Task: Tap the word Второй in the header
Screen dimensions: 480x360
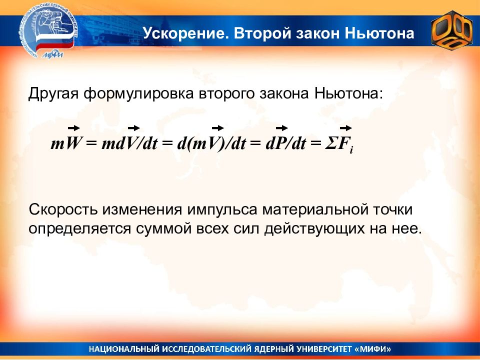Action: click(x=262, y=33)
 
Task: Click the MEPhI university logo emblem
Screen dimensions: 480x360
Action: click(x=48, y=32)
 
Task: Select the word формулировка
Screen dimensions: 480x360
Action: click(x=138, y=94)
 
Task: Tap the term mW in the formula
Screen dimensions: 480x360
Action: click(x=65, y=143)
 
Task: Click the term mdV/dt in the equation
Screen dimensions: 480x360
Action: click(x=129, y=143)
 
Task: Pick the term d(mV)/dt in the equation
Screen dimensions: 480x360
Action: click(x=211, y=143)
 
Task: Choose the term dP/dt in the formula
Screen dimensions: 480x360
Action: click(x=285, y=143)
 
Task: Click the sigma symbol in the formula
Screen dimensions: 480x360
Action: click(x=331, y=143)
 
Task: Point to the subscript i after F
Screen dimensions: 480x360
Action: click(x=351, y=150)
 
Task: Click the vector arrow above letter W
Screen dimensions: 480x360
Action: click(x=74, y=128)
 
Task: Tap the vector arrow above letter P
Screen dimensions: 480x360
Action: click(x=282, y=128)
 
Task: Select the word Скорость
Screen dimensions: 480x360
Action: click(x=63, y=209)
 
